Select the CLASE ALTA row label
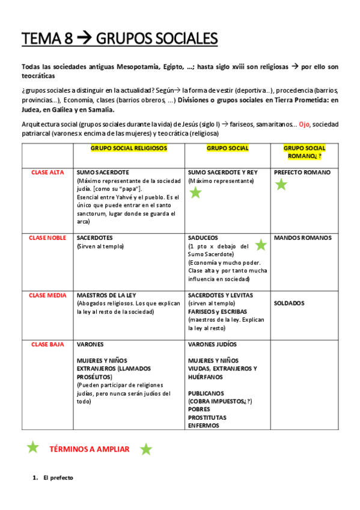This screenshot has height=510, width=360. [x=48, y=173]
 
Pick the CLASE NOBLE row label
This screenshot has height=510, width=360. [x=48, y=238]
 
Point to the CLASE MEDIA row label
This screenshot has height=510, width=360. [x=48, y=295]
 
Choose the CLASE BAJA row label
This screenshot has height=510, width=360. [x=48, y=345]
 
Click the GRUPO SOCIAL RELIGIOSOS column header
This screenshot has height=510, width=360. [x=129, y=148]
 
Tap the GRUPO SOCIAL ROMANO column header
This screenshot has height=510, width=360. [x=304, y=152]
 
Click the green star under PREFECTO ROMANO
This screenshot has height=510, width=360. [x=281, y=185]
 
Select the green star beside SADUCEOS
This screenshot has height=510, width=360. [x=260, y=245]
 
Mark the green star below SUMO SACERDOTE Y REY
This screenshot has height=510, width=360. [x=195, y=192]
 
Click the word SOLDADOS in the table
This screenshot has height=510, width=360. [x=290, y=303]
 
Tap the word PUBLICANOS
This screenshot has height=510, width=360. [x=206, y=393]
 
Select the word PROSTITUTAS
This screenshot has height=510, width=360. [x=207, y=417]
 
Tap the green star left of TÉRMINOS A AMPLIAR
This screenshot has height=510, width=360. [x=32, y=447]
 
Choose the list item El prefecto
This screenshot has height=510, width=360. [x=58, y=478]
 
